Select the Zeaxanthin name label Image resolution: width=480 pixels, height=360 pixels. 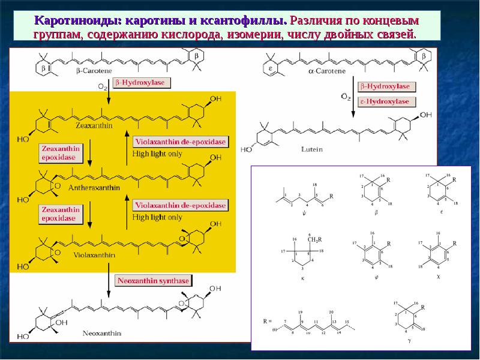pyautogui.click(x=94, y=127)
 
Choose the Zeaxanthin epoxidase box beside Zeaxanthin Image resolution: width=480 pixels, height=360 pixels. pyautogui.click(x=60, y=152)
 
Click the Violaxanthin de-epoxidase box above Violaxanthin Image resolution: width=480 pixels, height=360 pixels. pyautogui.click(x=181, y=205)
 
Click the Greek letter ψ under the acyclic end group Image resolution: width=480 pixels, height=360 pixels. pyautogui.click(x=305, y=212)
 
